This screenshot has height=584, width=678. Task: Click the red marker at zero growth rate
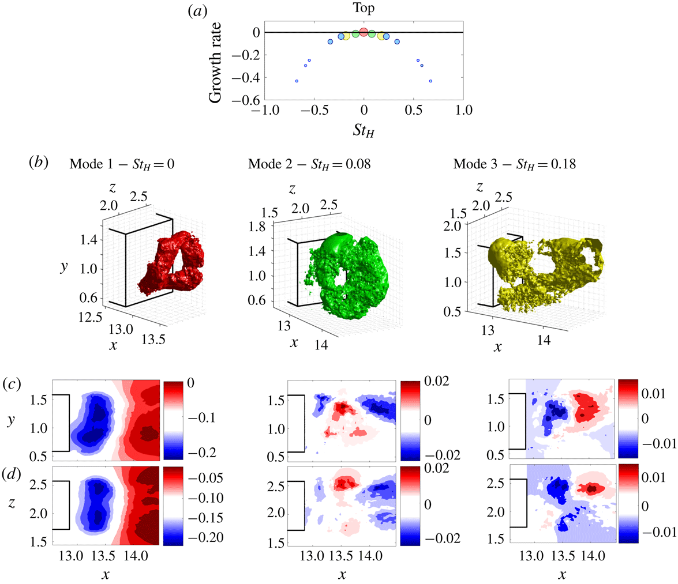(364, 32)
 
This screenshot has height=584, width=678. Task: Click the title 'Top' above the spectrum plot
(364, 10)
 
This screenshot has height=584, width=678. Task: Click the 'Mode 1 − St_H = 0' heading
(122, 163)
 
